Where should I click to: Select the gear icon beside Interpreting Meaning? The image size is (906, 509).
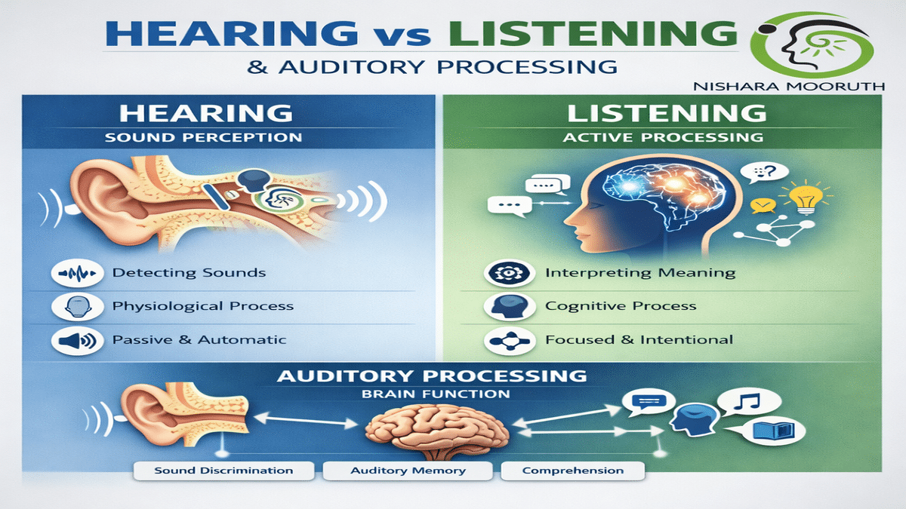502,273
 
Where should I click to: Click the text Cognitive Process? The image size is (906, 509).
621,307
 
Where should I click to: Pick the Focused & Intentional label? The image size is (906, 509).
639,340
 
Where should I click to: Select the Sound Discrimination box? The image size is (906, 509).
223,471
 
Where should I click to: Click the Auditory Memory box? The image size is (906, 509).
408,471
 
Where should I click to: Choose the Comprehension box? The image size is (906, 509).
572,471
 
